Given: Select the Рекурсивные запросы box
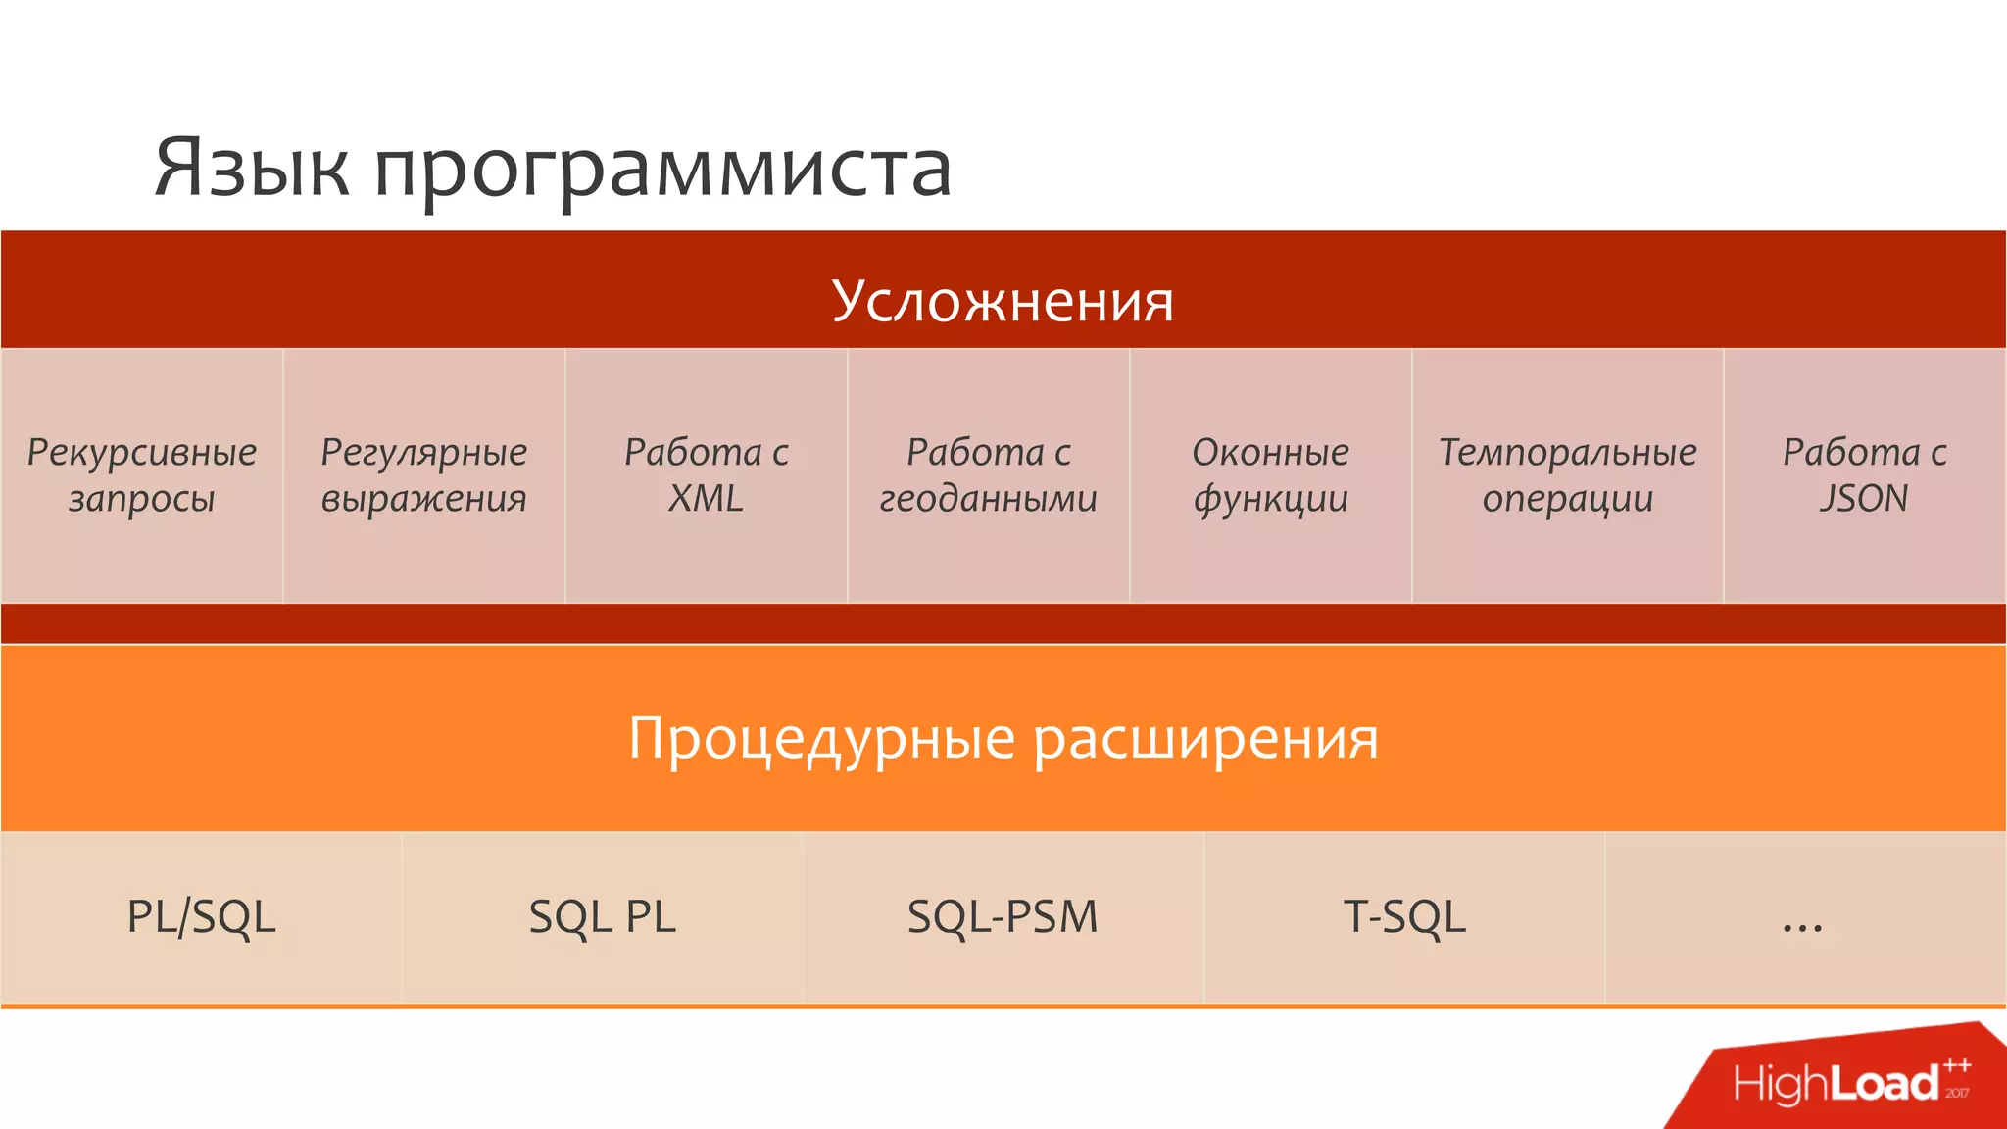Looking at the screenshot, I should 142,475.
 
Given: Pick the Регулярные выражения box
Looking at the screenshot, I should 424,475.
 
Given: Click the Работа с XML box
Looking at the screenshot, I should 707,475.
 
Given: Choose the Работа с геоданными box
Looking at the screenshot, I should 989,475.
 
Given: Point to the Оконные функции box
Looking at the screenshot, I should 1271,475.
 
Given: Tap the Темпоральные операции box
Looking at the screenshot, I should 1568,475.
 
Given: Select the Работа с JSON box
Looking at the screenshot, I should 1865,475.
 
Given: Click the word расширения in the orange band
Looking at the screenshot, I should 1206,739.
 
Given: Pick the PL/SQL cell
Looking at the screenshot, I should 202,917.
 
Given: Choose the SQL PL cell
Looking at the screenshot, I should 603,917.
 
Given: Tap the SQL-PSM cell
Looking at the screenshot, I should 1003,917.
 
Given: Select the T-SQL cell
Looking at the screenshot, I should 1404,917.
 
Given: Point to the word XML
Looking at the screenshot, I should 706,499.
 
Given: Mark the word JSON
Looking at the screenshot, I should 1864,499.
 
